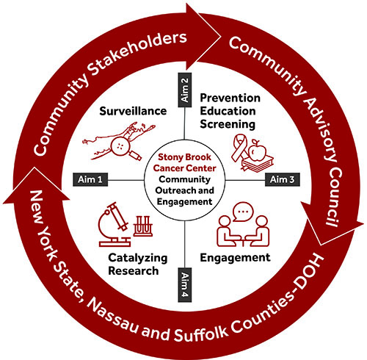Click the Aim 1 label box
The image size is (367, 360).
tap(90, 179)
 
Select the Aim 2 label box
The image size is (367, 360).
tap(185, 90)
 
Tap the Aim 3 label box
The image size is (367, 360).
tap(283, 179)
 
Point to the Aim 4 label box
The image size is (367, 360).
tap(185, 285)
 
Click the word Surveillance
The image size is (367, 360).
tap(133, 111)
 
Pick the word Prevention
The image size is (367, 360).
tap(230, 98)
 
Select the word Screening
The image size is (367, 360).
tap(228, 124)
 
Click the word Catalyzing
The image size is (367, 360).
tap(138, 258)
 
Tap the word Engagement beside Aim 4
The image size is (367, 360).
tap(235, 258)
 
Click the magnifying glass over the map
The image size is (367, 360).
tap(123, 148)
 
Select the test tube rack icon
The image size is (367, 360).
tap(142, 226)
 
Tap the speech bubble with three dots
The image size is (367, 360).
tap(243, 212)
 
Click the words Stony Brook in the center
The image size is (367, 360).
tap(184, 157)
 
